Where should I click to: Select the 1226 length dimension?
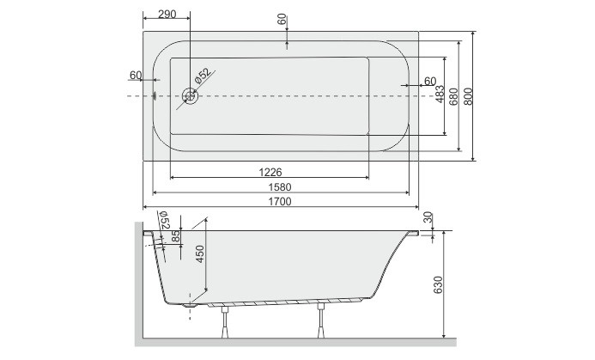tap(270, 171)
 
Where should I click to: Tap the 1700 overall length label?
tap(279, 203)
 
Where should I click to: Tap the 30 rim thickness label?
tap(428, 218)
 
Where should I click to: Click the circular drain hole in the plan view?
tap(190, 96)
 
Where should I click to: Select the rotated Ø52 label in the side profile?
tap(165, 224)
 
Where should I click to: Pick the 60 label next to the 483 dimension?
tap(429, 82)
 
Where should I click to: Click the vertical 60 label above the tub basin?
tap(283, 19)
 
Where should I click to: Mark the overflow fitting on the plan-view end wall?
tap(155, 96)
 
